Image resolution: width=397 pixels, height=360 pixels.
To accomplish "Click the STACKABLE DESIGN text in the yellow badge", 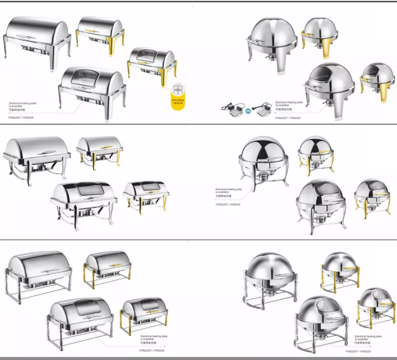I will tap(177, 102).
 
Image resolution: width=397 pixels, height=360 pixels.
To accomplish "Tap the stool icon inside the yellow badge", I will tap(177, 91).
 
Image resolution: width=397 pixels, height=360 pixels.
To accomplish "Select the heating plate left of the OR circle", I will tap(232, 109).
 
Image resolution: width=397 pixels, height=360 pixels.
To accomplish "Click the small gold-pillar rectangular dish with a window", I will tap(144, 312).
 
